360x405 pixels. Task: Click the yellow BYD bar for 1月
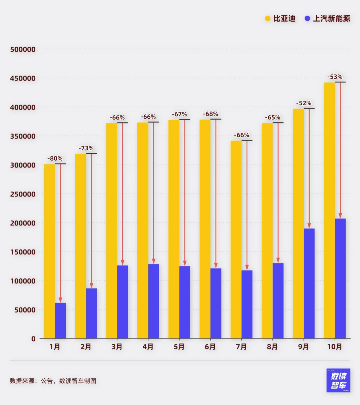(49, 251)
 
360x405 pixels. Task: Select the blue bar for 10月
(340, 278)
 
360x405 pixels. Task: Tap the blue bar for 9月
(309, 283)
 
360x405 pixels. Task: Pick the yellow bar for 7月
(236, 239)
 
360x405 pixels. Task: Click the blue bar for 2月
(91, 313)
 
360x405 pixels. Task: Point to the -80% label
(55, 159)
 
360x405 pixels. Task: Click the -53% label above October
(335, 77)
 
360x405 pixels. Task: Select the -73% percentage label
(86, 148)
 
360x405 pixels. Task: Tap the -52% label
(304, 103)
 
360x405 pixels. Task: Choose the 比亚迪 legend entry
(280, 19)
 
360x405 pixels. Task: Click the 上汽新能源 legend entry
(327, 19)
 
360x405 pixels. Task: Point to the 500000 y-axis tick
(23, 50)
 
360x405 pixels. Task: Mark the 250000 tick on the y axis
(23, 194)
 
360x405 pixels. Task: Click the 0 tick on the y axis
(33, 339)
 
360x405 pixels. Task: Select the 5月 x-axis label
(179, 347)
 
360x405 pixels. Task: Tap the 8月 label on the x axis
(272, 347)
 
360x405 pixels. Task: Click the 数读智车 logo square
(338, 380)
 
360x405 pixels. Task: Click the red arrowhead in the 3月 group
(122, 262)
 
